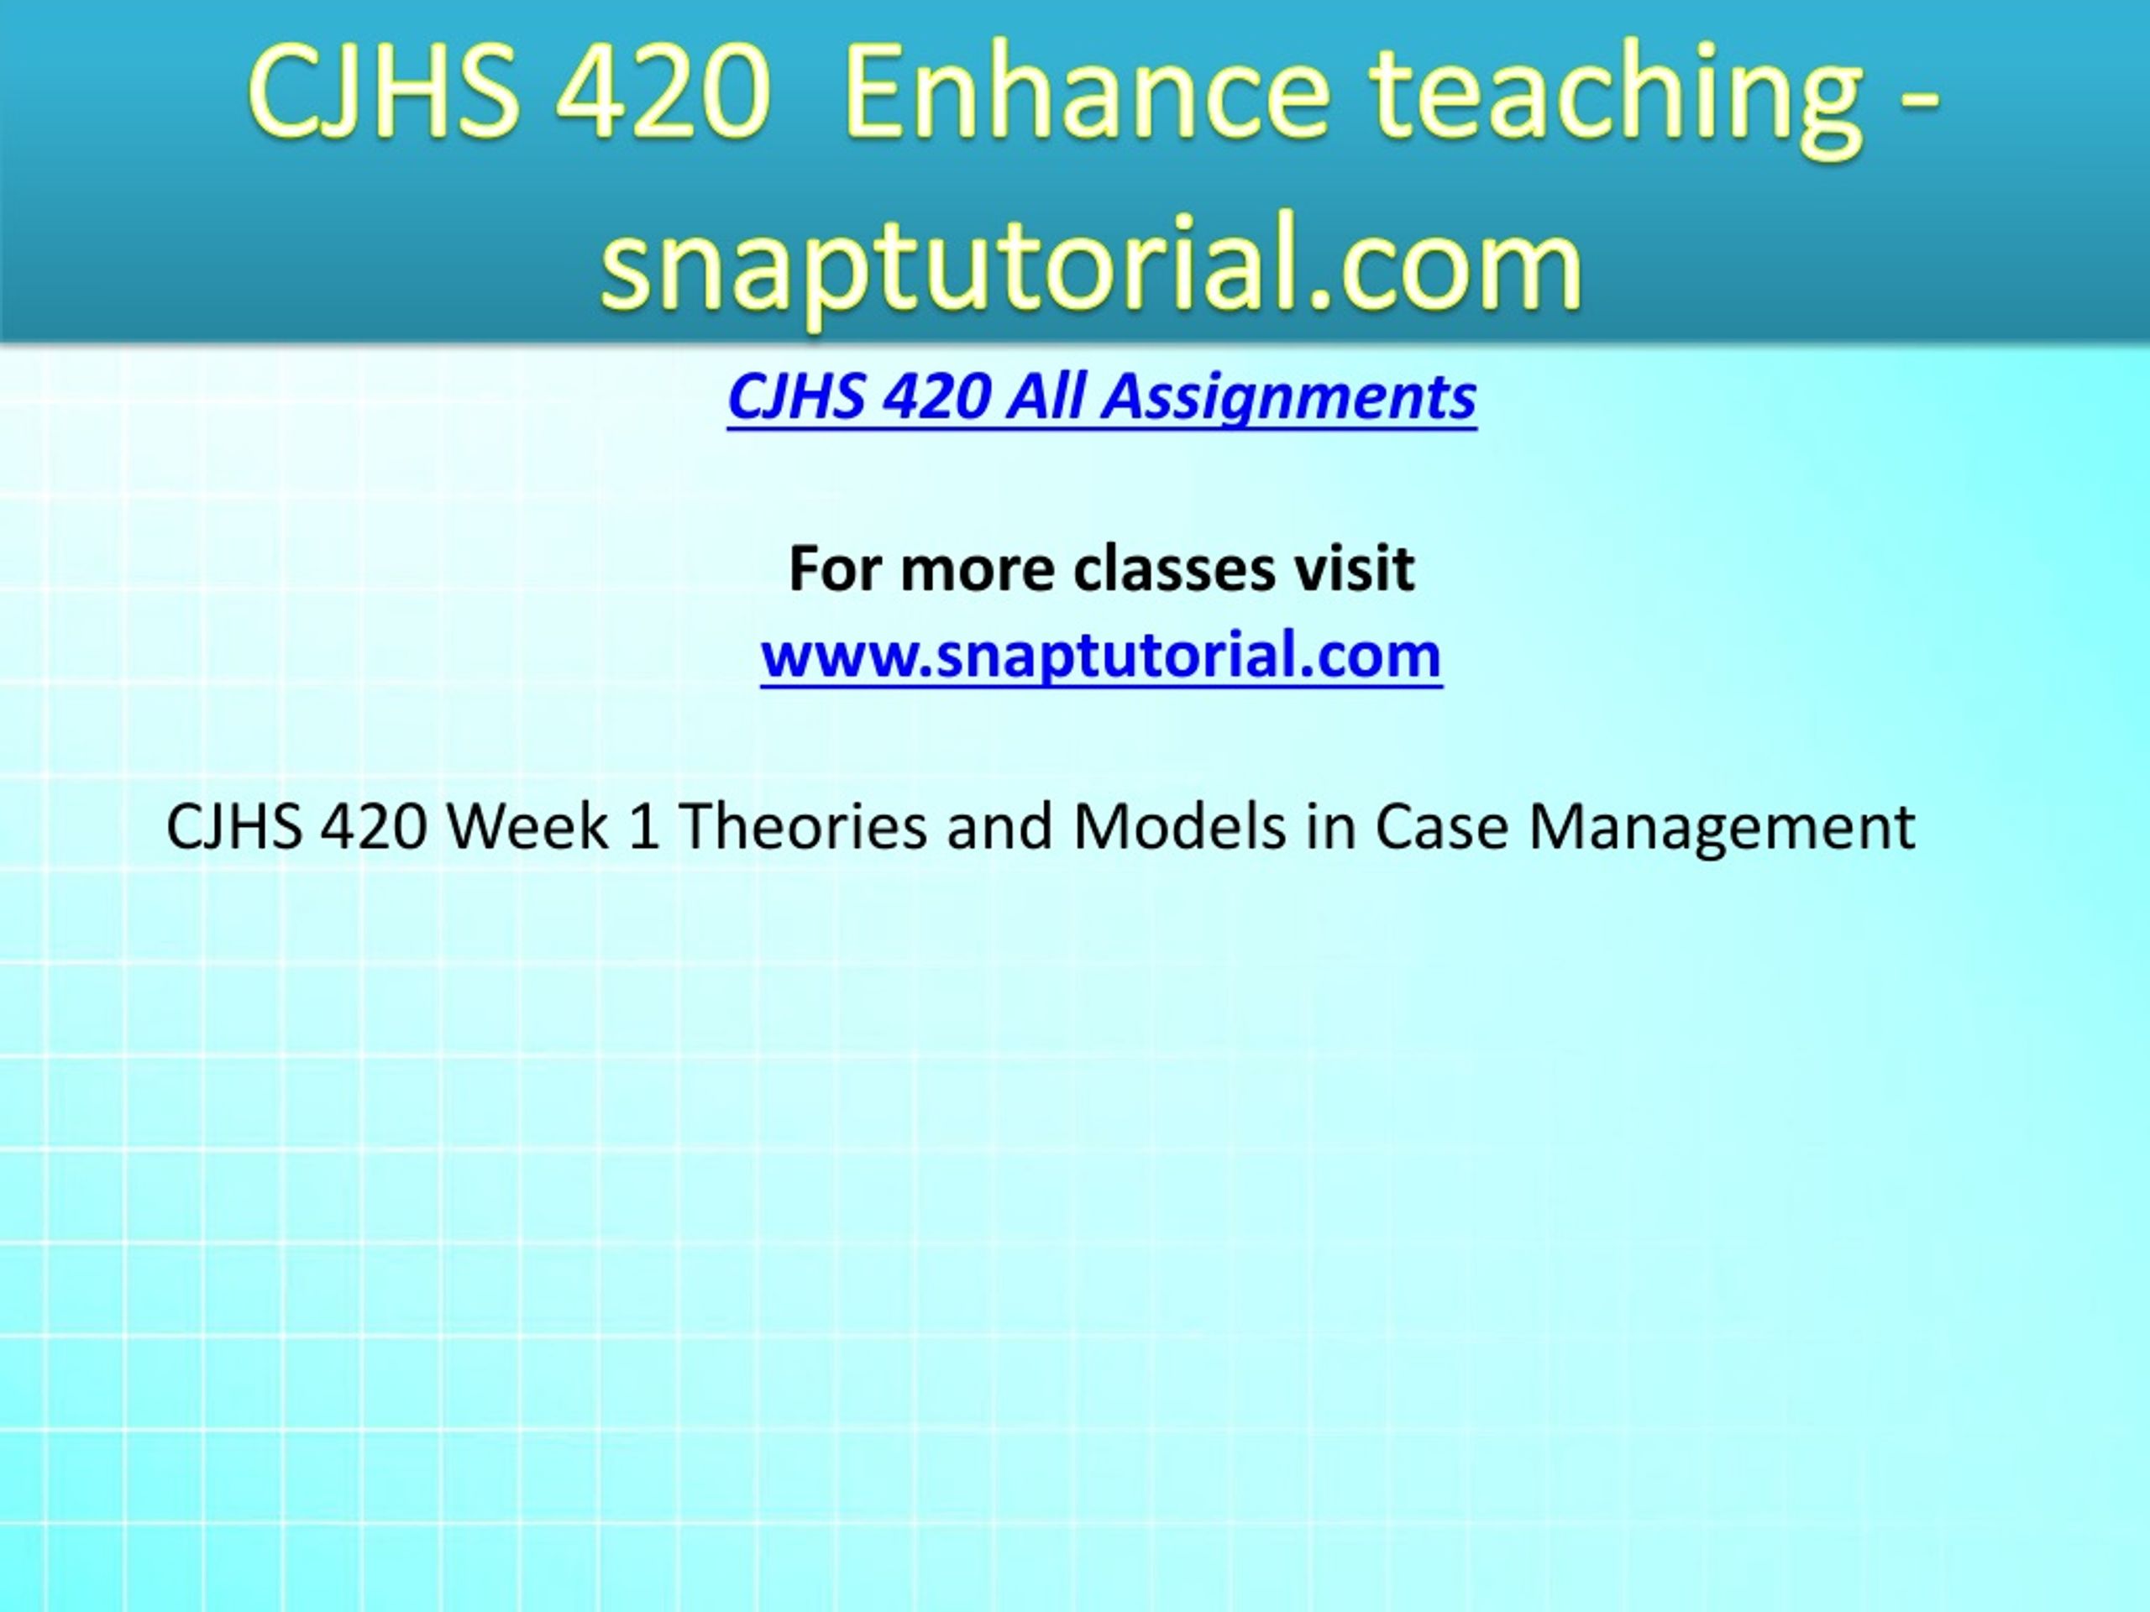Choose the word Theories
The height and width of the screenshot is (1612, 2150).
point(803,827)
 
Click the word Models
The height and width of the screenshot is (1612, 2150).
point(1179,827)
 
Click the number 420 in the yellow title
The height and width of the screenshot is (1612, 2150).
point(662,94)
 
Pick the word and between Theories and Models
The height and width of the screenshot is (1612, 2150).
point(1000,827)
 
